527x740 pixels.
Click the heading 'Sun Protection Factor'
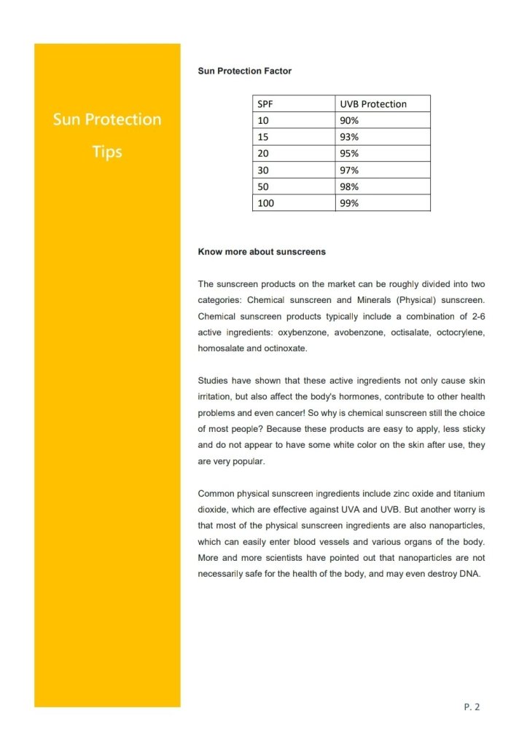click(x=244, y=71)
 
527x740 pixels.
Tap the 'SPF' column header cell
click(x=294, y=103)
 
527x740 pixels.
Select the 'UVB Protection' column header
click(x=383, y=103)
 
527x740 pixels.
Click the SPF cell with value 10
click(x=294, y=120)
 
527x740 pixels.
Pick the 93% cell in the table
click(x=383, y=137)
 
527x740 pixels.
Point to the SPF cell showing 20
click(x=294, y=154)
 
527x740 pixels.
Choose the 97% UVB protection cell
click(x=383, y=170)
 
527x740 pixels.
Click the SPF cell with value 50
click(x=294, y=186)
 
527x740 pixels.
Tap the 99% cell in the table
click(x=383, y=203)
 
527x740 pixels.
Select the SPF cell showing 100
click(x=294, y=203)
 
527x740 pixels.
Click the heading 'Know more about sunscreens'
click(x=262, y=252)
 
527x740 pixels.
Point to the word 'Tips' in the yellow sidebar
click(x=107, y=152)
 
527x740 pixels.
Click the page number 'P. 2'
click(x=472, y=706)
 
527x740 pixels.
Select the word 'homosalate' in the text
click(x=221, y=348)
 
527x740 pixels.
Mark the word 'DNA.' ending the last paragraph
click(x=472, y=574)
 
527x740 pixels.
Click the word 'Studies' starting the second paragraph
click(x=213, y=380)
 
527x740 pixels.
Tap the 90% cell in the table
click(x=383, y=120)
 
